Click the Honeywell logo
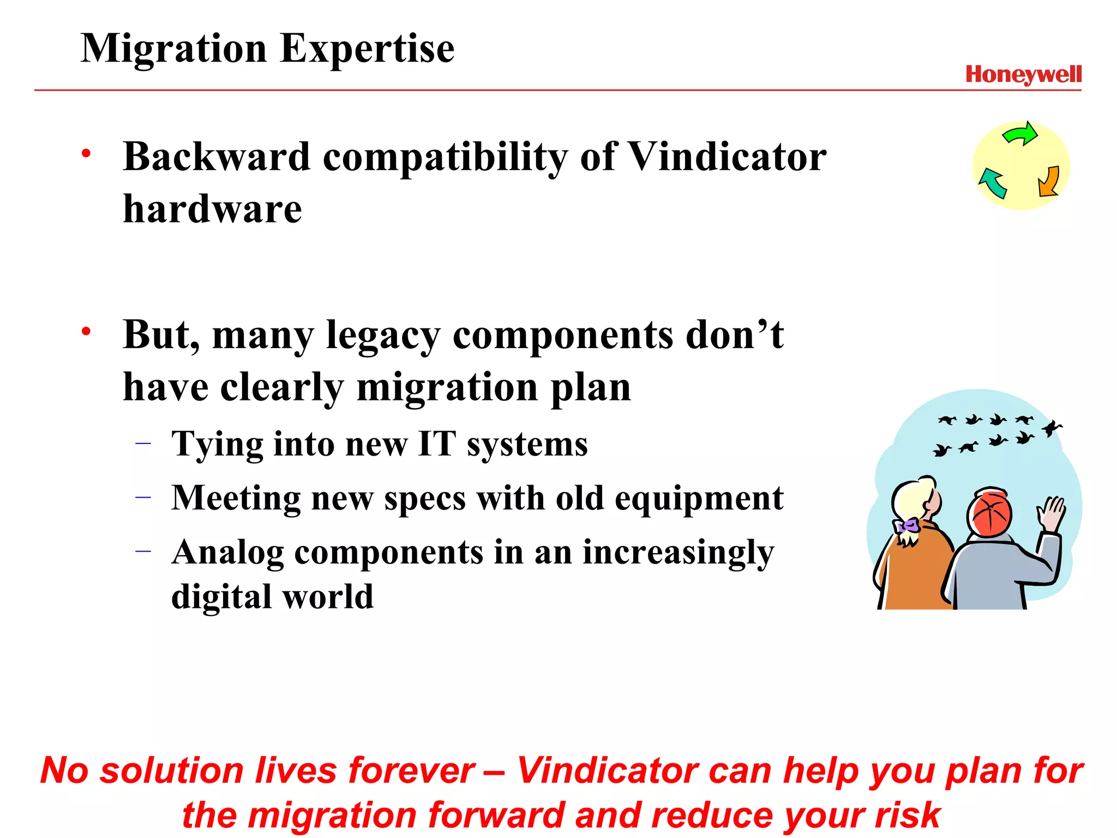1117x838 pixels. pos(1023,74)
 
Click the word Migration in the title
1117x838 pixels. pos(173,49)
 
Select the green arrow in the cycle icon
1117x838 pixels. pos(1020,134)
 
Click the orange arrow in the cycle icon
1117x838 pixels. pos(1049,182)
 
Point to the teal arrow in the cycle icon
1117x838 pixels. pos(993,183)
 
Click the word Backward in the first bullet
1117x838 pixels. pos(217,157)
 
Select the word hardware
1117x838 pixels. pos(212,209)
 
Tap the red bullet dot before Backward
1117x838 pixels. pos(86,153)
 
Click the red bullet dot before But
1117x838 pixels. pos(86,331)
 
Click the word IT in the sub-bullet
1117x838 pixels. pos(436,444)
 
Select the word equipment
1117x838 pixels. pos(699,499)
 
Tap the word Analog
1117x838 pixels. pos(227,553)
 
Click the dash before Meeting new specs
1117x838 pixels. pos(143,497)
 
